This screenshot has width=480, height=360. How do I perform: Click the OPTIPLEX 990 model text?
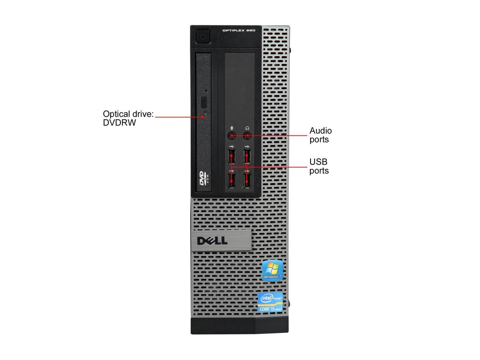pyautogui.click(x=238, y=31)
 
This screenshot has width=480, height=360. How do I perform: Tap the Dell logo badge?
pyautogui.click(x=213, y=240)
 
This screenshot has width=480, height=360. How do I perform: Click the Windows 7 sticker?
pyautogui.click(x=272, y=269)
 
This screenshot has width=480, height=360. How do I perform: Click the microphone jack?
pyautogui.click(x=232, y=135)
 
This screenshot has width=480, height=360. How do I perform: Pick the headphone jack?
pyautogui.click(x=247, y=135)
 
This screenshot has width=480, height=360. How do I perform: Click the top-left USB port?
pyautogui.click(x=231, y=156)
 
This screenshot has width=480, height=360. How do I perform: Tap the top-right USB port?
pyautogui.click(x=247, y=156)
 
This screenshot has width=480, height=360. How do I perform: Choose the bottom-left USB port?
pyautogui.click(x=231, y=180)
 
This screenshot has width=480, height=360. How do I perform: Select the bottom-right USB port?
pyautogui.click(x=247, y=180)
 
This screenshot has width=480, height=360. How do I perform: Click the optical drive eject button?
pyautogui.click(x=204, y=102)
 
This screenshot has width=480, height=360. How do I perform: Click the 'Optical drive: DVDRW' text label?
pyautogui.click(x=128, y=118)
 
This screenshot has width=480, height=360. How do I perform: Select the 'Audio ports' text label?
pyautogui.click(x=320, y=135)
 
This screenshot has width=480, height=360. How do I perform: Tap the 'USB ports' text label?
pyautogui.click(x=319, y=166)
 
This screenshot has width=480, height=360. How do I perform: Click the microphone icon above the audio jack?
pyautogui.click(x=232, y=128)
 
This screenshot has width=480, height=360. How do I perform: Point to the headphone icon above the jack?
pyautogui.click(x=247, y=128)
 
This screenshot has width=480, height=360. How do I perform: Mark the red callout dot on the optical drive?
pyautogui.click(x=203, y=117)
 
